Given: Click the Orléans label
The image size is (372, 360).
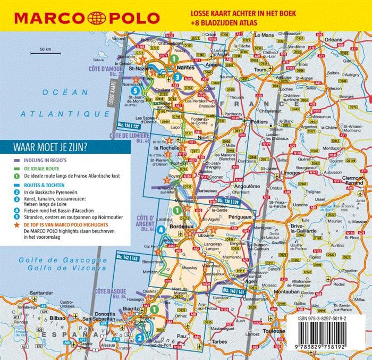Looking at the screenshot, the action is pos(334,40).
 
